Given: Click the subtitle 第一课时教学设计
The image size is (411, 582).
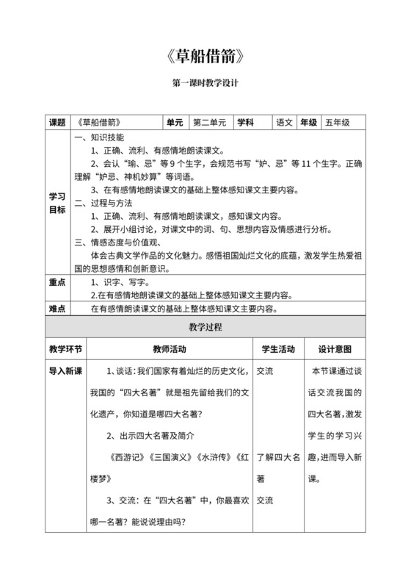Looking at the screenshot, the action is click(x=205, y=85).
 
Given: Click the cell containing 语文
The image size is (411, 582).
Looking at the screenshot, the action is click(x=284, y=123).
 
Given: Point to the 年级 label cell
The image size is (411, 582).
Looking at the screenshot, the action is click(x=308, y=123).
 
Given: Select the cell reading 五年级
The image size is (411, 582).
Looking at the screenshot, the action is click(x=338, y=123).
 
